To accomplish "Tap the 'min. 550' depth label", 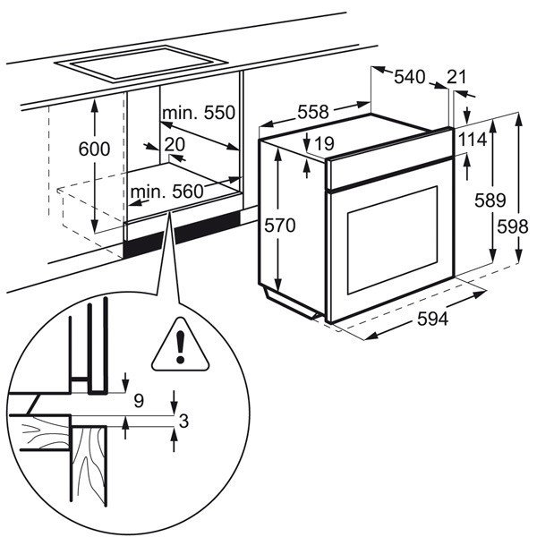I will point(198,113).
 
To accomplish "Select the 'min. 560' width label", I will point(166,191).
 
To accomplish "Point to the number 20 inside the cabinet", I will point(175,143).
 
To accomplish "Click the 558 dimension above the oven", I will point(313,112).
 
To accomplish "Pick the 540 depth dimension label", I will point(409,78).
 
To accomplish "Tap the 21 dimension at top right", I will point(456,78).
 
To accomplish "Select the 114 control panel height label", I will point(473,140).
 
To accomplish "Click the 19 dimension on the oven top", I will point(324,141).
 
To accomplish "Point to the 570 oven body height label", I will point(278,226).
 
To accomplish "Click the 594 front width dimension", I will point(430,320).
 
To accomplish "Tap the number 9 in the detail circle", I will point(138,401).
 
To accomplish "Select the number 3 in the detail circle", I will point(183,422).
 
